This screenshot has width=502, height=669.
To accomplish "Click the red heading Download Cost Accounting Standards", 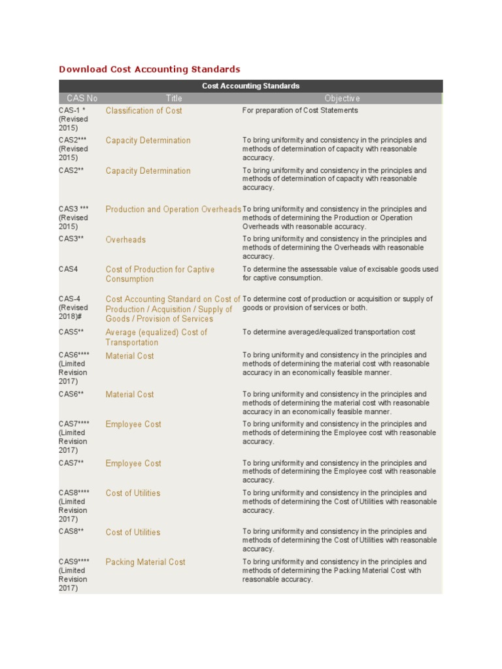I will pyautogui.click(x=150, y=69).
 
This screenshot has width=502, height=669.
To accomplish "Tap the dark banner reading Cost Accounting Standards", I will pyautogui.click(x=250, y=86).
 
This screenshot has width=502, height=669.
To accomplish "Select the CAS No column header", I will pyautogui.click(x=82, y=99).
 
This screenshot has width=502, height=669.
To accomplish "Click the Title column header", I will pyautogui.click(x=174, y=99).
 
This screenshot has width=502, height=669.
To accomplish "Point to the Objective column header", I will pyautogui.click(x=342, y=99).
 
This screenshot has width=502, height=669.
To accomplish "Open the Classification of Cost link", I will pyautogui.click(x=144, y=111).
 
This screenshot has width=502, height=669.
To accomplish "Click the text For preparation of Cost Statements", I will pyautogui.click(x=300, y=111).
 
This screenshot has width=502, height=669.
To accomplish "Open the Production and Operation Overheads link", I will pyautogui.click(x=173, y=210).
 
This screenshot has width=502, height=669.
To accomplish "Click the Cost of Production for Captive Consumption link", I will pyautogui.click(x=159, y=274).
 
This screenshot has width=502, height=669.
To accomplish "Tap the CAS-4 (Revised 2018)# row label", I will pyautogui.click(x=74, y=308).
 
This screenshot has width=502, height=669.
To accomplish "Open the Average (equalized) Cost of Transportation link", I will pyautogui.click(x=156, y=337).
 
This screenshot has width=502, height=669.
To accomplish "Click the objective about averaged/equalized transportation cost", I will pyautogui.click(x=329, y=333).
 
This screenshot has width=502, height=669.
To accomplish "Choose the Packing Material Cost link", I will pyautogui.click(x=145, y=562).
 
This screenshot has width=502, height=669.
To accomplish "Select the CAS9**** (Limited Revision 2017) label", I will pyautogui.click(x=74, y=575).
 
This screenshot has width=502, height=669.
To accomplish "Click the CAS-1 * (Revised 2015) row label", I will pyautogui.click(x=73, y=120).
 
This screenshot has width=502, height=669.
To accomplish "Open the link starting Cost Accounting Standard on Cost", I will pyautogui.click(x=173, y=309).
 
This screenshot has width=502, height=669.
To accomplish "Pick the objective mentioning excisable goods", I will pyautogui.click(x=340, y=274).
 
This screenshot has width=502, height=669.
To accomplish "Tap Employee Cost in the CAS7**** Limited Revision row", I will pyautogui.click(x=133, y=425).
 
